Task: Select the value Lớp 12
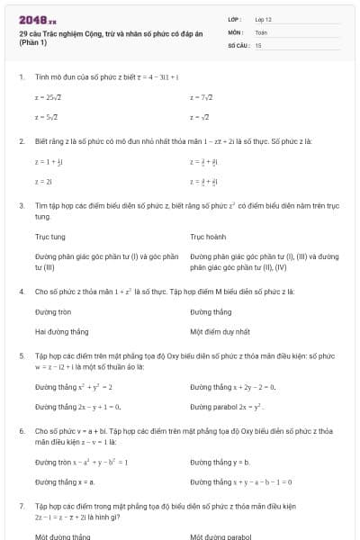[264, 19]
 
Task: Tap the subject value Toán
[261, 31]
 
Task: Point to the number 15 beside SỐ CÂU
[258, 44]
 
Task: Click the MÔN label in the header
[236, 31]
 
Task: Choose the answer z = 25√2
[49, 96]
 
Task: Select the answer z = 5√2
[47, 117]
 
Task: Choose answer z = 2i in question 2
[42, 181]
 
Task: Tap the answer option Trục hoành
[209, 238]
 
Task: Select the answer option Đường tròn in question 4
[53, 311]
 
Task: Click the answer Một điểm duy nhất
[220, 331]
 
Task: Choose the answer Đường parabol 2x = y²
[232, 407]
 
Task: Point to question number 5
[22, 356]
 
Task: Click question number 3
[22, 206]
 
